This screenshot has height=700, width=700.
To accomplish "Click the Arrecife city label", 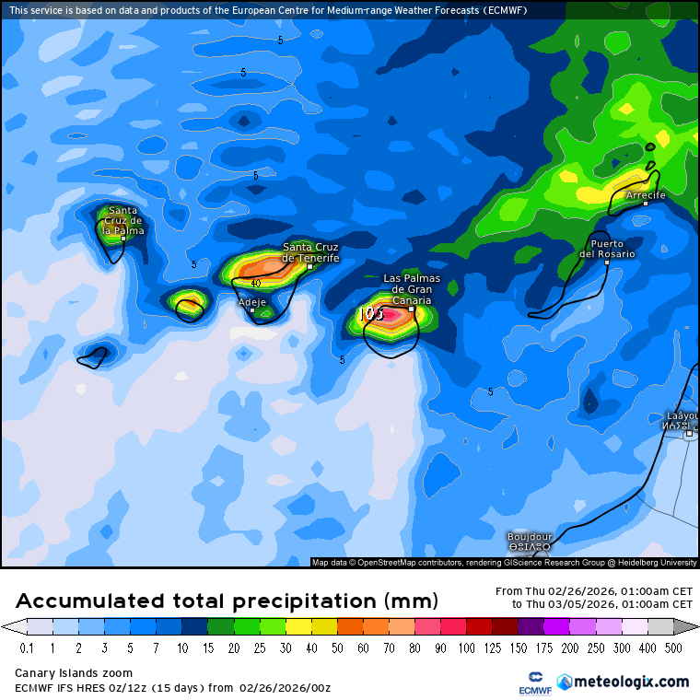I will [x=645, y=195].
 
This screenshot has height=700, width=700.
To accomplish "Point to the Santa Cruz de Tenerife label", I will [x=310, y=252].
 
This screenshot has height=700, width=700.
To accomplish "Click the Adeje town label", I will [x=251, y=301].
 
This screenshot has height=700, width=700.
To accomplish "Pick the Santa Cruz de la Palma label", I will [x=123, y=220].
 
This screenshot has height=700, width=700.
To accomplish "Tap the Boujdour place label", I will [x=530, y=536].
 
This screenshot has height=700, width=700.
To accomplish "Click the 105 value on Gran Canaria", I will [x=370, y=313].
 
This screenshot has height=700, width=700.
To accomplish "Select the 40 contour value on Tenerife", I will [x=255, y=283].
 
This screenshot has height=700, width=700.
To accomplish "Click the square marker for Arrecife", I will [x=646, y=204].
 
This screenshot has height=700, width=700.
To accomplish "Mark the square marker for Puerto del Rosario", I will [x=607, y=262].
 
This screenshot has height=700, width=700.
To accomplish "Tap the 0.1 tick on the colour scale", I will [x=27, y=648].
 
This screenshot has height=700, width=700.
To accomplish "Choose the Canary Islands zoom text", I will [x=74, y=673].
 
